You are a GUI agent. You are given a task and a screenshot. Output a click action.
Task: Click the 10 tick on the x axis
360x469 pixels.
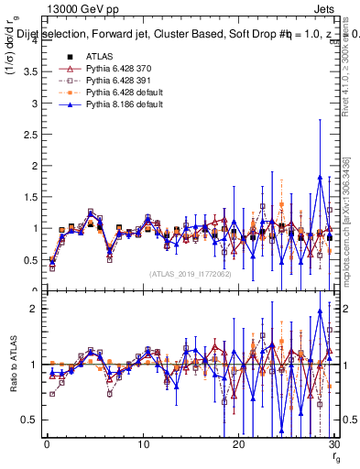pos(143,444)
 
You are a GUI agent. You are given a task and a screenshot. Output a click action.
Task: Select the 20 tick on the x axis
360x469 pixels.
pos(238,444)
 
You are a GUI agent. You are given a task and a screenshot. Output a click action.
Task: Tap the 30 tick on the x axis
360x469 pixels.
pos(333,444)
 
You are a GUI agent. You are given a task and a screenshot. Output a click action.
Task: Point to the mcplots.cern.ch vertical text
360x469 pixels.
pos(353,224)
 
